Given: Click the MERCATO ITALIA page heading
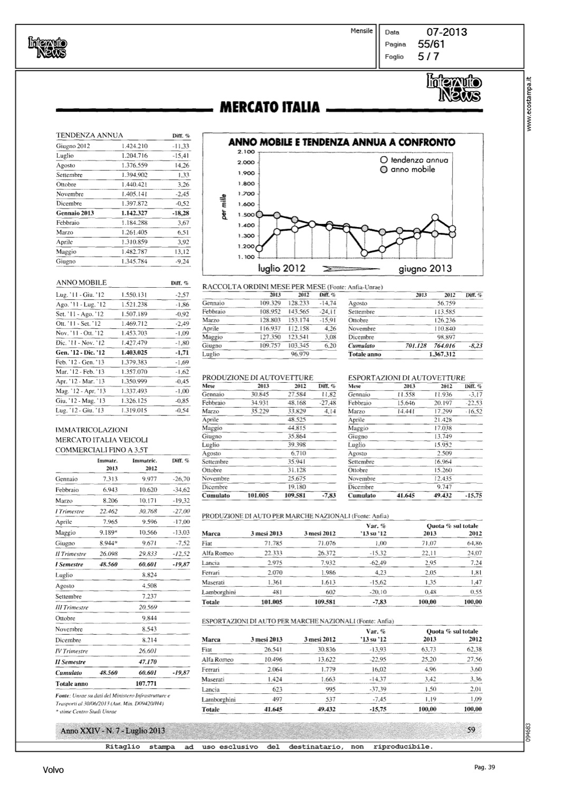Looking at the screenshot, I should click(x=270, y=108).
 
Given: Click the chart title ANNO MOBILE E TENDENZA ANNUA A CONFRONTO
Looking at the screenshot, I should click(x=341, y=142).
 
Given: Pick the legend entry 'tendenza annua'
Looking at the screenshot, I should click(x=419, y=159).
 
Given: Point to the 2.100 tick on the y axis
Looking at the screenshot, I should click(x=246, y=152).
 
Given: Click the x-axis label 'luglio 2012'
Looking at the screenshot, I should click(x=282, y=268).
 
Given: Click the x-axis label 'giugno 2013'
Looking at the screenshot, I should click(x=425, y=268).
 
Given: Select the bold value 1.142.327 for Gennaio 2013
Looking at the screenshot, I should click(x=134, y=213).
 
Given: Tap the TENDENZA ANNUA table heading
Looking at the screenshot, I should click(x=90, y=135).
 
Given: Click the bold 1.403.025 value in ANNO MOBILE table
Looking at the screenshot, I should click(x=134, y=352).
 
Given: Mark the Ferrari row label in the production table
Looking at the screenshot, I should click(x=211, y=572).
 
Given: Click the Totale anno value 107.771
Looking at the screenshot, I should click(x=144, y=683).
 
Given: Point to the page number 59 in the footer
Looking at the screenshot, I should click(x=472, y=730).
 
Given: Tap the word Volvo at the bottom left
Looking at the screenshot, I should click(x=53, y=770).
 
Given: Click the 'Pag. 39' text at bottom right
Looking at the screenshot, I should click(x=484, y=768).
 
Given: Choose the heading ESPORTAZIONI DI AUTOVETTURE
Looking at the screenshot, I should click(x=406, y=378).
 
